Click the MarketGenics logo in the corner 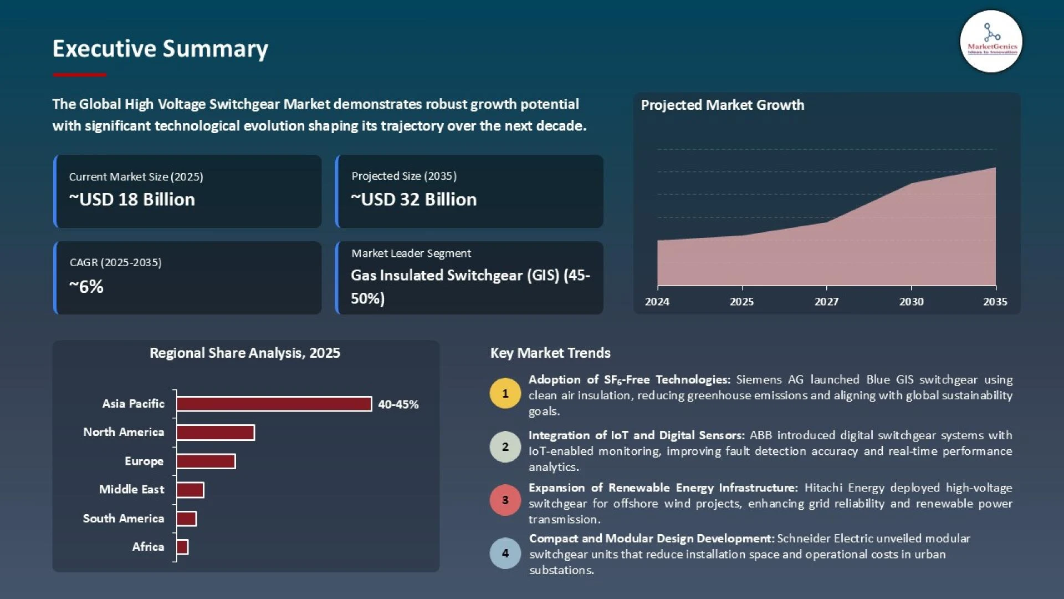click(x=991, y=42)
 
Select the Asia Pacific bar click(x=274, y=404)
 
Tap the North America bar click(x=216, y=433)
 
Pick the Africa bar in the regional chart click(x=182, y=547)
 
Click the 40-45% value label click(x=398, y=404)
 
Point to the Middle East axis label click(x=131, y=489)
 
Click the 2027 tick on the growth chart click(x=826, y=301)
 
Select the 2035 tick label click(x=995, y=301)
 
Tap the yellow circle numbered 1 click(x=505, y=393)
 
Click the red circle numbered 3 click(x=505, y=500)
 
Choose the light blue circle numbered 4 click(x=505, y=553)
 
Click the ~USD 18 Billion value click(x=132, y=199)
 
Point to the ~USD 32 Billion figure click(x=413, y=199)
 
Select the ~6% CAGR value click(x=86, y=286)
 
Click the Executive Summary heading click(x=160, y=49)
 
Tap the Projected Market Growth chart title click(x=722, y=105)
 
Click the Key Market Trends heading click(x=550, y=353)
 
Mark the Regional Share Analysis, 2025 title click(x=245, y=353)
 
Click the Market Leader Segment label click(x=411, y=253)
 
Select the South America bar click(x=186, y=519)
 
